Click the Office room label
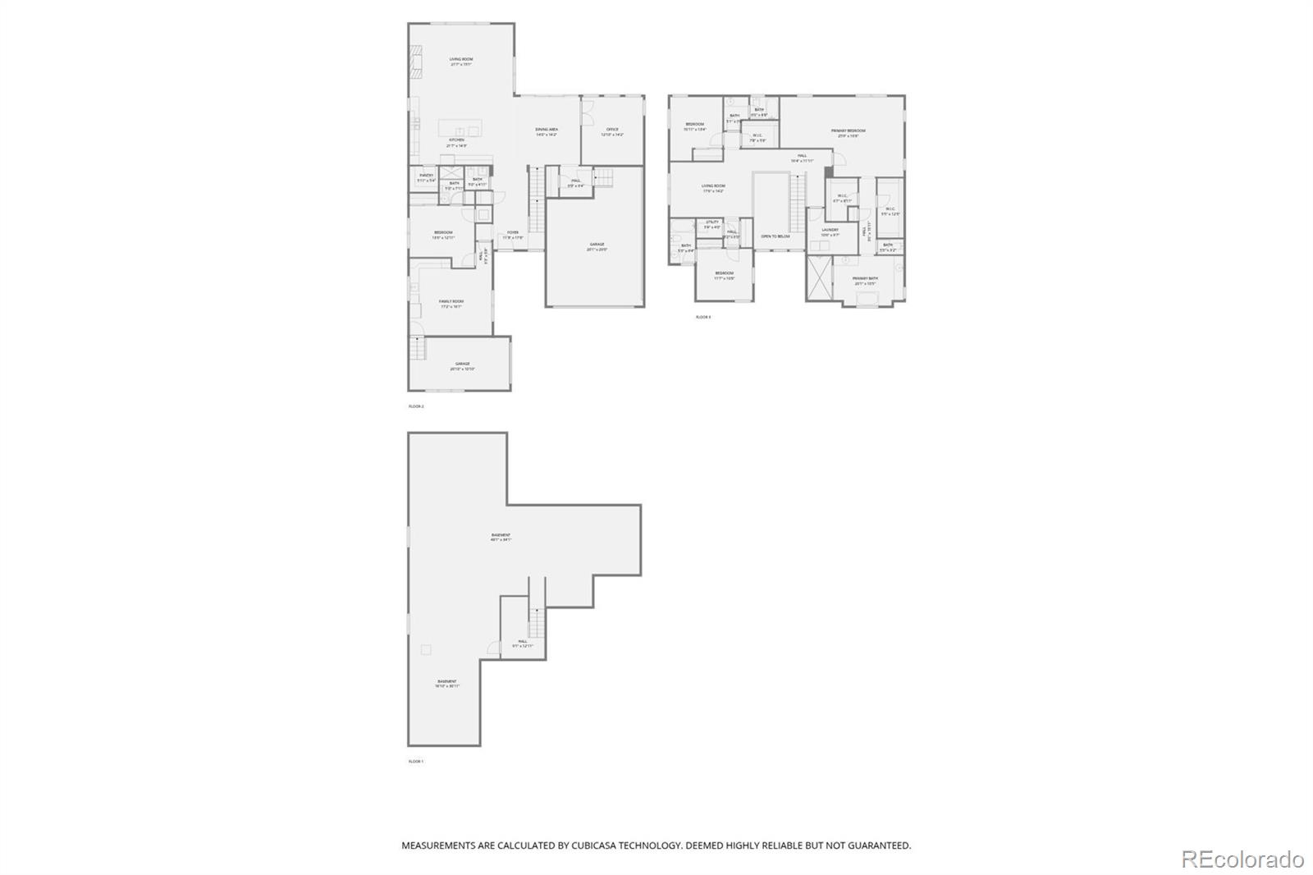click(x=612, y=130)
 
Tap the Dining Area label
click(x=547, y=130)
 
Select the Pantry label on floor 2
click(x=426, y=176)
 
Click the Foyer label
click(x=513, y=232)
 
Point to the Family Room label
click(x=451, y=301)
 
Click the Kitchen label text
click(x=455, y=140)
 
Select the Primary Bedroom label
click(x=848, y=131)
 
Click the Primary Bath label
click(x=865, y=279)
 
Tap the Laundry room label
click(x=830, y=230)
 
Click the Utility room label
click(x=711, y=222)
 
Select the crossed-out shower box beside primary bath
click(x=818, y=279)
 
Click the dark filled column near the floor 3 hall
click(x=829, y=171)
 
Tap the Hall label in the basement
click(x=523, y=642)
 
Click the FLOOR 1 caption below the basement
click(x=416, y=762)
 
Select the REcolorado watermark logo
click(x=1242, y=859)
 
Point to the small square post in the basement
click(x=425, y=650)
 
